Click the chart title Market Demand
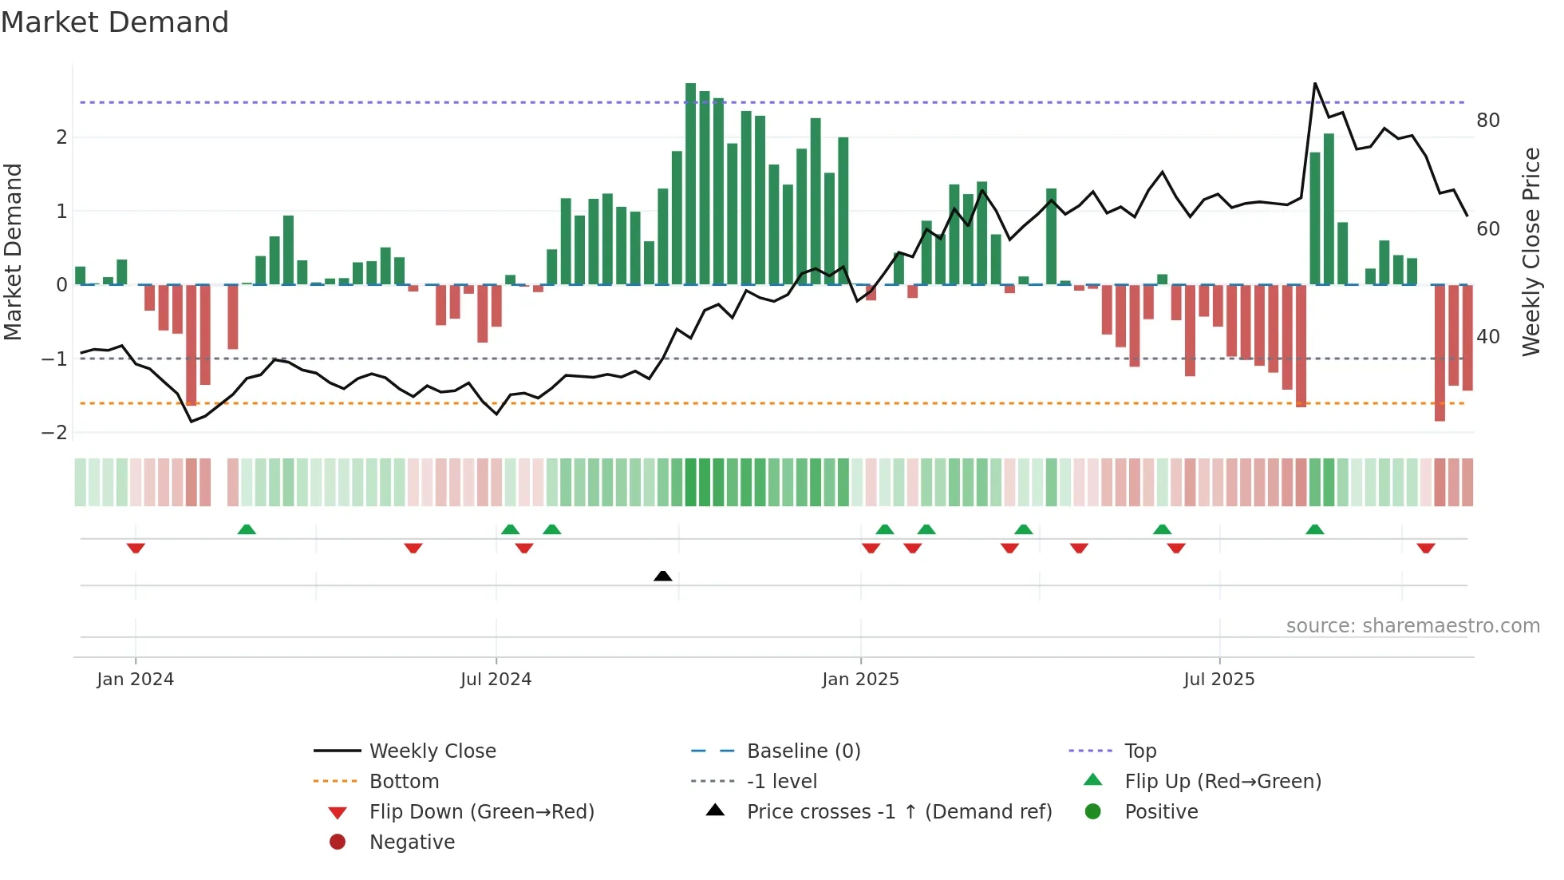(x=115, y=22)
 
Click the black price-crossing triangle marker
(x=662, y=576)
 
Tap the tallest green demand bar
(x=690, y=184)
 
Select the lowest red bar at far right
(x=1440, y=351)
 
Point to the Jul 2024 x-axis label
(x=496, y=680)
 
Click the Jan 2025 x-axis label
(x=860, y=680)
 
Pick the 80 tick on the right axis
(x=1487, y=121)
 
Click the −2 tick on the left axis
(x=55, y=433)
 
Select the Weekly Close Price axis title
(x=1530, y=252)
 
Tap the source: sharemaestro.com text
(x=1412, y=626)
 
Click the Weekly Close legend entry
(x=432, y=751)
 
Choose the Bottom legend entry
(x=404, y=782)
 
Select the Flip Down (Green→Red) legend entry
(x=481, y=812)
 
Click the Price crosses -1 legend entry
(x=899, y=812)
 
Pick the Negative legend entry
(x=412, y=842)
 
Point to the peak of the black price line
(x=1315, y=84)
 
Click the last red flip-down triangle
(x=1426, y=548)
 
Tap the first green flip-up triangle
(x=247, y=529)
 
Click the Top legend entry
(x=1139, y=751)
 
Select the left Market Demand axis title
(x=14, y=252)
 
